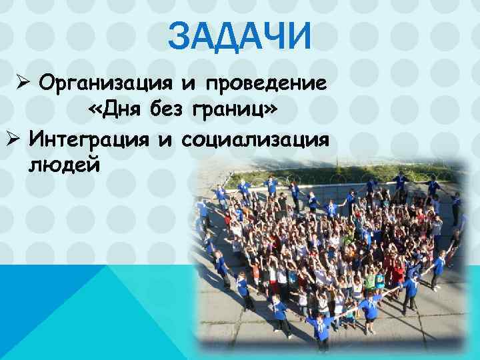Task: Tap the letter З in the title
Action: [x=179, y=37]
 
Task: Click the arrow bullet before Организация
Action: [x=23, y=85]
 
